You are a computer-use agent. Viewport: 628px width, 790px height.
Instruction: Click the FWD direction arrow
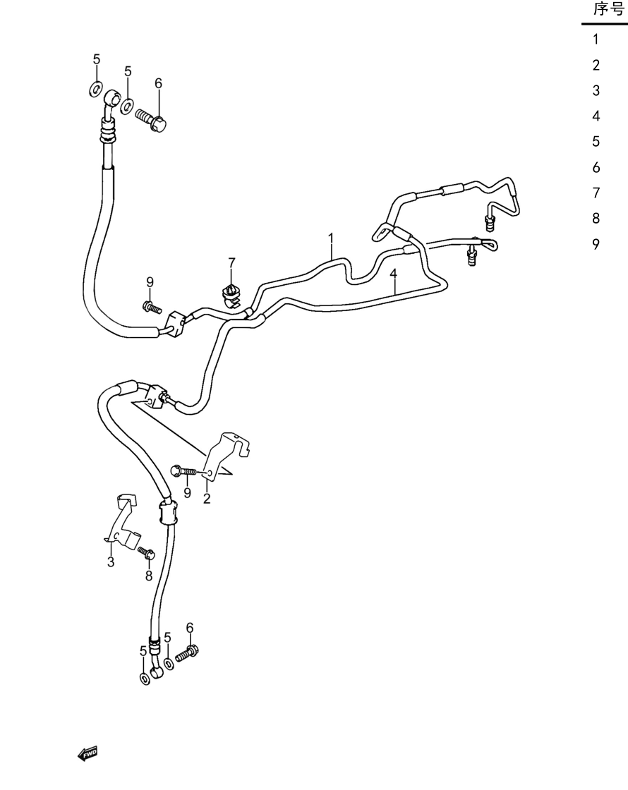pos(87,754)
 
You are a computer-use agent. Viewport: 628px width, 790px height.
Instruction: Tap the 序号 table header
pos(609,8)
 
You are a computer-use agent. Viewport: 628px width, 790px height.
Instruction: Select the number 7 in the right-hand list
pos(596,193)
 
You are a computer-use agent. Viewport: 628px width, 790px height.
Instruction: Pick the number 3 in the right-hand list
pos(596,90)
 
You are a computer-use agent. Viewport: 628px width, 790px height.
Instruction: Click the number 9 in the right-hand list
pos(596,244)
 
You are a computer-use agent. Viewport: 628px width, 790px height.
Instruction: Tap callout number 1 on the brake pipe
pos(331,237)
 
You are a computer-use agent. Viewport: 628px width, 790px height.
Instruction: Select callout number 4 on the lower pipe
pos(393,274)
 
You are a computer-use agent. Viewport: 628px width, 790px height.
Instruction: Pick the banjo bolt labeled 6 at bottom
pos(187,653)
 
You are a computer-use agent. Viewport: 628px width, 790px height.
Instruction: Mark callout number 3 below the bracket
pos(111,561)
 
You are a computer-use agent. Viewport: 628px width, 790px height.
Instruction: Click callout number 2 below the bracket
pos(207,499)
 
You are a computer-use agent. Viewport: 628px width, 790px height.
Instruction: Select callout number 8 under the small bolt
pos(149,576)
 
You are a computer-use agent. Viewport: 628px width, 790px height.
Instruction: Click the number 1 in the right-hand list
pos(596,39)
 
